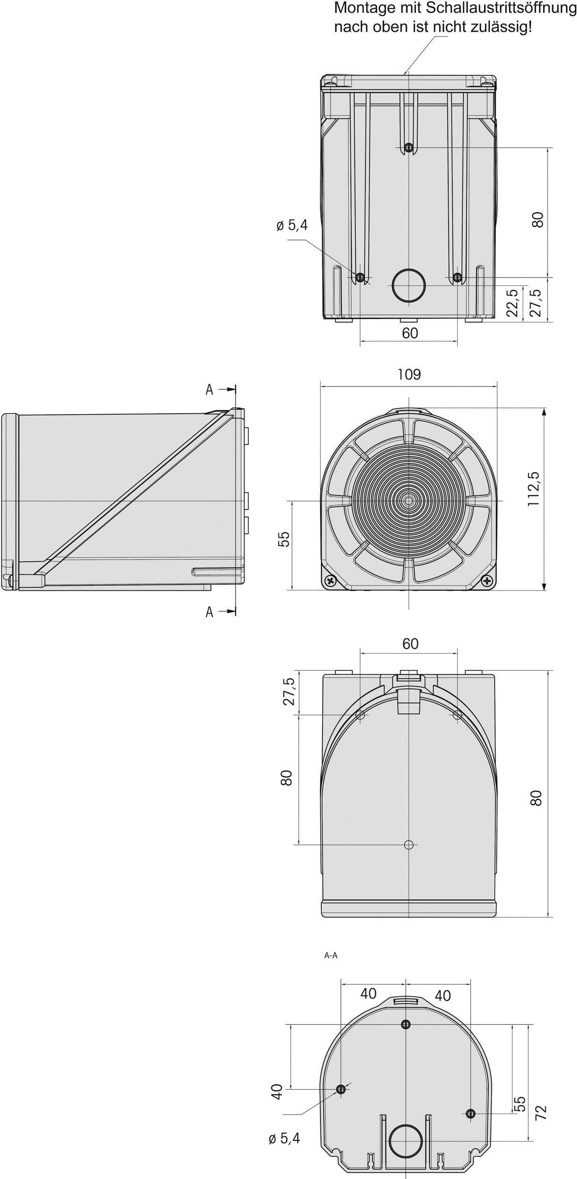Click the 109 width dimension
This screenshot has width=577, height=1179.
pyautogui.click(x=409, y=374)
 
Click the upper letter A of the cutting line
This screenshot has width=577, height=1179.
pyautogui.click(x=209, y=390)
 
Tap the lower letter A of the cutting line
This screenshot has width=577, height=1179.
pyautogui.click(x=209, y=611)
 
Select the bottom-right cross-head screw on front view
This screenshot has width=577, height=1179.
pyautogui.click(x=488, y=581)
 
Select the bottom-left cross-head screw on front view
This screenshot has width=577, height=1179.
pyautogui.click(x=331, y=581)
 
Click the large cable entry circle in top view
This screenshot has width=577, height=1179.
pyautogui.click(x=409, y=285)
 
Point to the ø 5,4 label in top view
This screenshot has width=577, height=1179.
pyautogui.click(x=292, y=226)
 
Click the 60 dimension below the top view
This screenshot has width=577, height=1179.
pyautogui.click(x=410, y=333)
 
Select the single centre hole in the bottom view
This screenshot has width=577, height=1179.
pyautogui.click(x=409, y=844)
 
